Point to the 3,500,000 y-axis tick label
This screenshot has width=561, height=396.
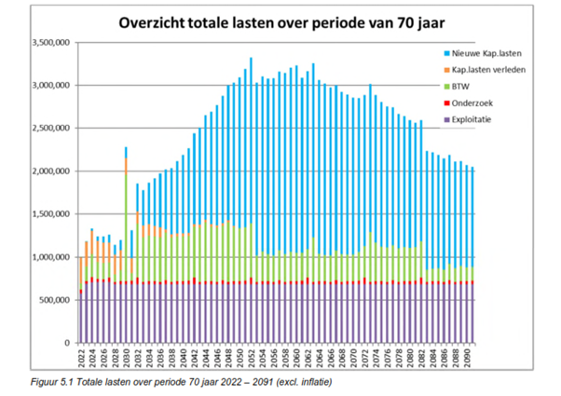tap(49, 43)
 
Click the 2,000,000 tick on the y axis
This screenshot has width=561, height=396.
tap(49, 171)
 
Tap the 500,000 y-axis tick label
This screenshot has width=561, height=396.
tap(53, 300)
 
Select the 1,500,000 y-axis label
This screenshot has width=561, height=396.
tap(49, 214)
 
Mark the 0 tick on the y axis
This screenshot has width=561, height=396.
tap(67, 343)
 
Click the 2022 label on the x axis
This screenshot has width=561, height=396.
tap(81, 359)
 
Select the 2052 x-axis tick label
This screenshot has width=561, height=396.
tap(251, 359)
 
